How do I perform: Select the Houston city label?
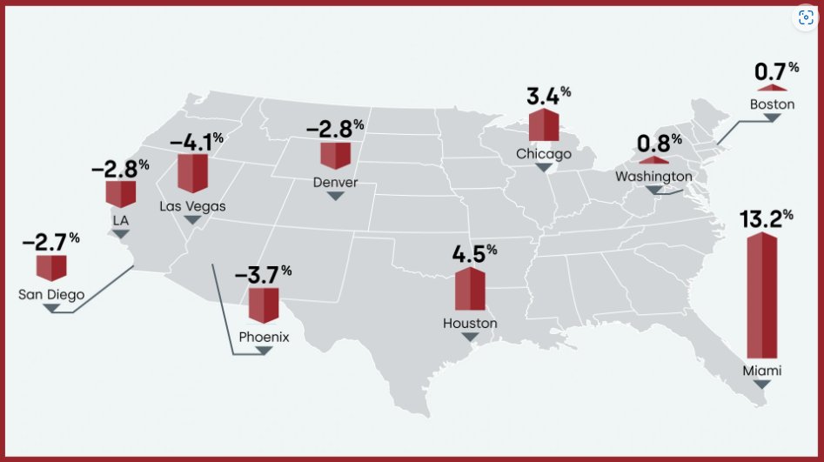pyautogui.click(x=470, y=324)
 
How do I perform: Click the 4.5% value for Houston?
pyautogui.click(x=473, y=255)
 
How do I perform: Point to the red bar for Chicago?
pyautogui.click(x=544, y=125)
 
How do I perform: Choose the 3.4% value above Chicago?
pyautogui.click(x=548, y=94)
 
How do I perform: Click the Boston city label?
pyautogui.click(x=772, y=104)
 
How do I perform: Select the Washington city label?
pyautogui.click(x=653, y=177)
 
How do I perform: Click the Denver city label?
pyautogui.click(x=335, y=182)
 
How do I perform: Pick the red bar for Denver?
pyautogui.click(x=335, y=156)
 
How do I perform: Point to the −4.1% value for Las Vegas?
pyautogui.click(x=196, y=141)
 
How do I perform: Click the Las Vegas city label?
pyautogui.click(x=192, y=206)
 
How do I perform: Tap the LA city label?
pyautogui.click(x=121, y=221)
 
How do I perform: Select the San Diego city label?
pyautogui.click(x=51, y=294)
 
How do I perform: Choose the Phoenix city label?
pyautogui.click(x=264, y=336)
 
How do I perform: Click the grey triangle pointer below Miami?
pyautogui.click(x=762, y=384)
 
